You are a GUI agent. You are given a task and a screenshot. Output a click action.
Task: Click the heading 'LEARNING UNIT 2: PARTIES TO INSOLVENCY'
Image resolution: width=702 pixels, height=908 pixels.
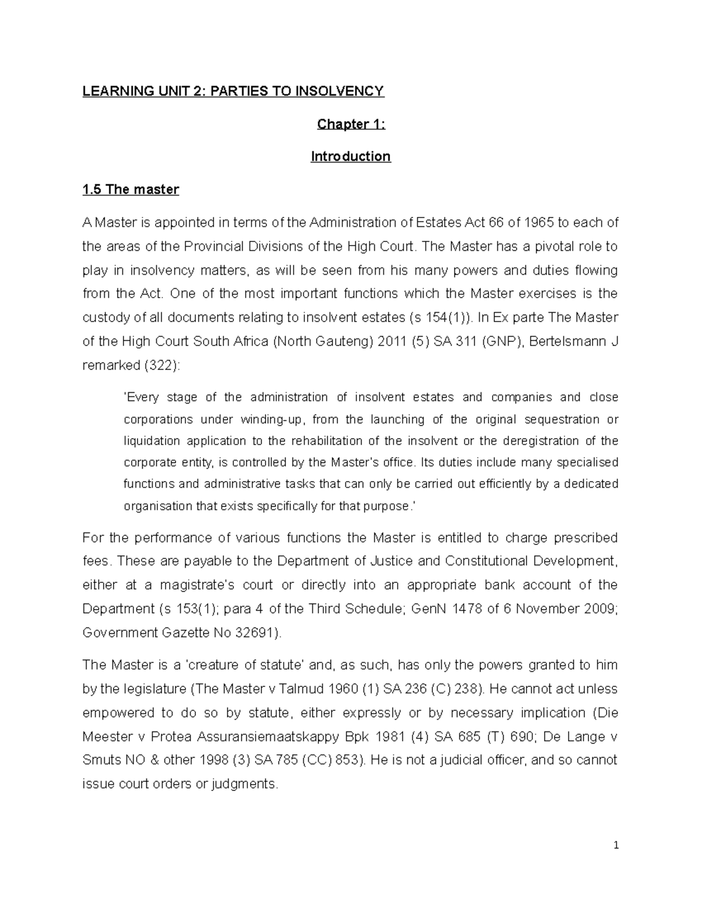click(x=233, y=91)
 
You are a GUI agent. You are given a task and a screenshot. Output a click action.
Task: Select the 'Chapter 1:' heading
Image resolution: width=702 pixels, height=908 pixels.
click(x=351, y=124)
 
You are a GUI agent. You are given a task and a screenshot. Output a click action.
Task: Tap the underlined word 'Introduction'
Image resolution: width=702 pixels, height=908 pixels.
click(x=350, y=157)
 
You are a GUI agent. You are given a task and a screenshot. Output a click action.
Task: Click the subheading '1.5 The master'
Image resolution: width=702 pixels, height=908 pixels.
click(x=130, y=189)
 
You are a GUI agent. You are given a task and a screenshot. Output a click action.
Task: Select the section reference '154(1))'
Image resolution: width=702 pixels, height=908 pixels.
click(x=450, y=318)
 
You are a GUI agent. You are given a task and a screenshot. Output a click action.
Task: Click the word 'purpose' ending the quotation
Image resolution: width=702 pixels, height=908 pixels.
click(x=388, y=506)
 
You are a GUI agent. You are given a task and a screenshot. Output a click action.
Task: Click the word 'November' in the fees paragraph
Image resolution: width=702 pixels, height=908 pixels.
click(x=548, y=609)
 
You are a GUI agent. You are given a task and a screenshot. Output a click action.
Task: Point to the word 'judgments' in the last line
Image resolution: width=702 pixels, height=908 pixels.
click(x=247, y=784)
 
